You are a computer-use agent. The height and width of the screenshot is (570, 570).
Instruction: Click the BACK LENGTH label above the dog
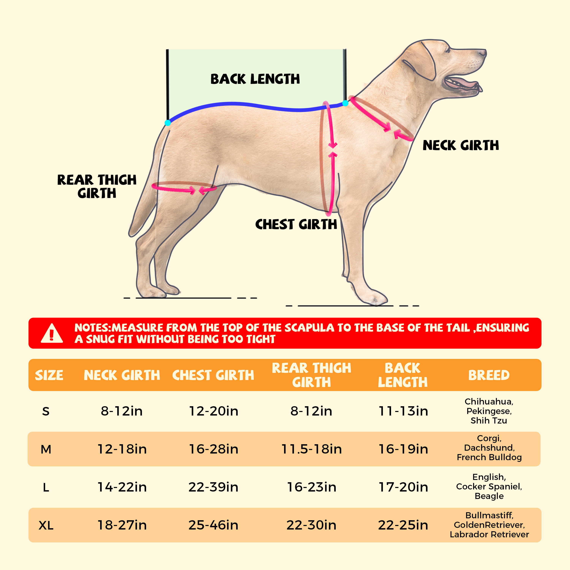tap(255, 79)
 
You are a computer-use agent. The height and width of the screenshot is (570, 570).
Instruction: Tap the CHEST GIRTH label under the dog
tap(296, 225)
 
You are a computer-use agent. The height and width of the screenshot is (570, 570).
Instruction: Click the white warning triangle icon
tap(52, 334)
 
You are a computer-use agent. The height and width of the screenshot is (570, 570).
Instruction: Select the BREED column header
tap(489, 375)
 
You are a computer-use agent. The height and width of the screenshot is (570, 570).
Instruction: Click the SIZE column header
tap(49, 375)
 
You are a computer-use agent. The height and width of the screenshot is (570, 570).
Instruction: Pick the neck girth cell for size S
tap(122, 411)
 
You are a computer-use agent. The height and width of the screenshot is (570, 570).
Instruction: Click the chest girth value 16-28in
tap(213, 449)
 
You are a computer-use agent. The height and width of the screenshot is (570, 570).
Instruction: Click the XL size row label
tap(46, 525)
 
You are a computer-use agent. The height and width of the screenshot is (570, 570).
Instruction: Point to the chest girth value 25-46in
tap(213, 525)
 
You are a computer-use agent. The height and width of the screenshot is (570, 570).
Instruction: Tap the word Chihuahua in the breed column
tap(489, 401)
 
